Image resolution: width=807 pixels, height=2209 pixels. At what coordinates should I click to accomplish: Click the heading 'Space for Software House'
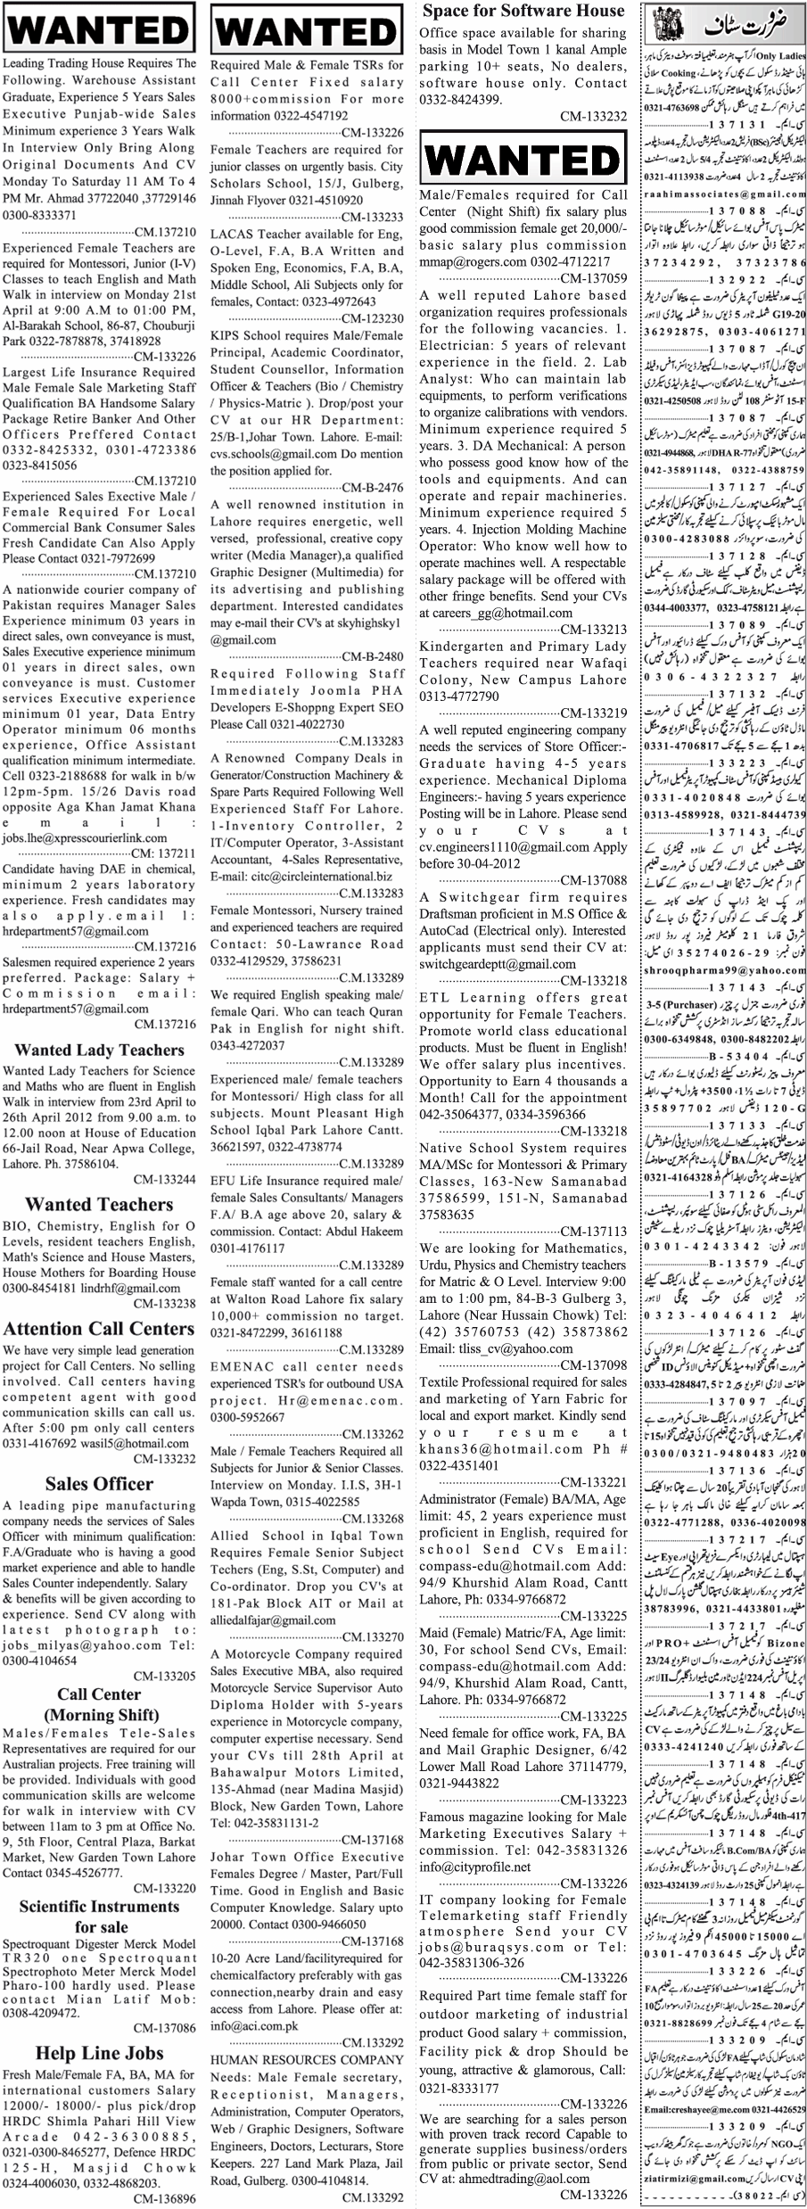pyautogui.click(x=523, y=12)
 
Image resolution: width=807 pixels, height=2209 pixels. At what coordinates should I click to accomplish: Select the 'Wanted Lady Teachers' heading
pyautogui.click(x=100, y=1050)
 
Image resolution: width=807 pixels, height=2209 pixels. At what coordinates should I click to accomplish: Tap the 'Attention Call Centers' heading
pyautogui.click(x=100, y=1329)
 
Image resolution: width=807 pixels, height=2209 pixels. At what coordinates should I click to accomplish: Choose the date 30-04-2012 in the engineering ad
pyautogui.click(x=487, y=861)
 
